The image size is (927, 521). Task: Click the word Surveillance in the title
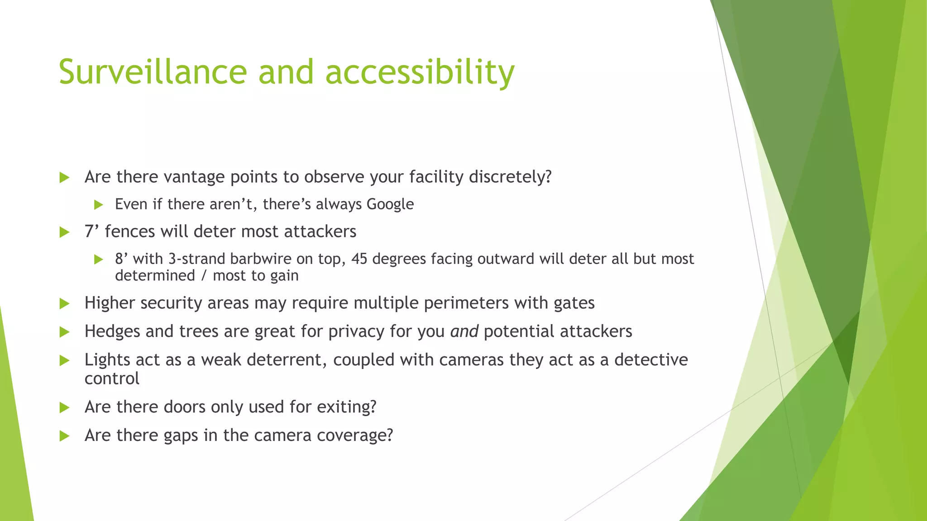153,72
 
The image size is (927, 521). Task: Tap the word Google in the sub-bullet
390,204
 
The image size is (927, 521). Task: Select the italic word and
464,332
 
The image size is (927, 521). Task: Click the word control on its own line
112,379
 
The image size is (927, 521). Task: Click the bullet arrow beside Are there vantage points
64,177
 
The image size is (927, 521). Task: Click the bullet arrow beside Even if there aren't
99,205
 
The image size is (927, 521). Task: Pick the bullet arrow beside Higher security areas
64,303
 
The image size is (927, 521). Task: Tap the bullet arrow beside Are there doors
64,407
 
